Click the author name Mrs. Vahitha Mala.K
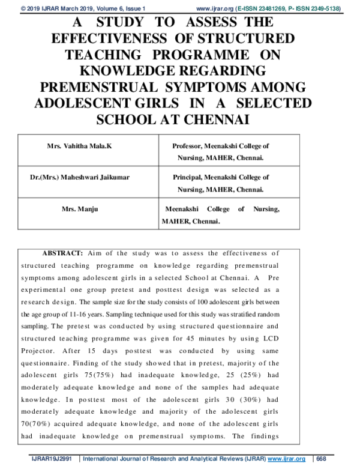coord(79,146)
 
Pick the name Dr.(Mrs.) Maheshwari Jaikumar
coord(80,178)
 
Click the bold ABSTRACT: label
coord(62,253)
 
